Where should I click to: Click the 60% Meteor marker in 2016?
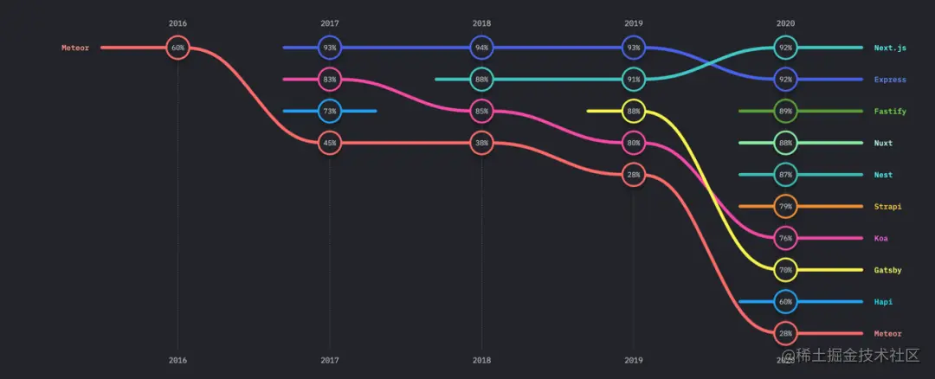(x=177, y=48)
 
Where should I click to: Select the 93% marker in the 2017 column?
(x=329, y=48)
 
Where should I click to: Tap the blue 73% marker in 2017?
(x=329, y=111)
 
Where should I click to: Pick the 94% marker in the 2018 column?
(x=481, y=48)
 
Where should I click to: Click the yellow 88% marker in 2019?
(x=634, y=111)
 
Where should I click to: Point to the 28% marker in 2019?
(x=634, y=175)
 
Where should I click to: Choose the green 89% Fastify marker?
(x=785, y=111)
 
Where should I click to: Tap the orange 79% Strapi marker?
(x=785, y=206)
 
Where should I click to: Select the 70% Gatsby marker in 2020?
(x=785, y=270)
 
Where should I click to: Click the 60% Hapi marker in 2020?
(x=785, y=302)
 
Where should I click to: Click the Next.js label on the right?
(x=889, y=48)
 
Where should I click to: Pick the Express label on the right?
(x=890, y=80)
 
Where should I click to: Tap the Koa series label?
(x=881, y=238)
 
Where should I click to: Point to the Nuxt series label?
(x=883, y=143)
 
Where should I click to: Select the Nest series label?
(x=883, y=175)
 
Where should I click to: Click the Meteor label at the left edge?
(x=75, y=48)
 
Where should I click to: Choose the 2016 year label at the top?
(x=177, y=22)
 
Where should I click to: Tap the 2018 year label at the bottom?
(x=481, y=359)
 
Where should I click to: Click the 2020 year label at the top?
(x=785, y=22)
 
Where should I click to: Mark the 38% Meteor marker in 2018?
(x=481, y=143)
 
